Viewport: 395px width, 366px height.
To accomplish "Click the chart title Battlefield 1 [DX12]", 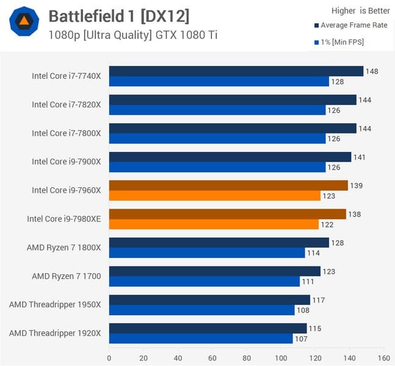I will point(119,16).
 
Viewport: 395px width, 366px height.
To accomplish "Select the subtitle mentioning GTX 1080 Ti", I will point(132,35).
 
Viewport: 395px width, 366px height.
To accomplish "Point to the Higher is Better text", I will point(360,10).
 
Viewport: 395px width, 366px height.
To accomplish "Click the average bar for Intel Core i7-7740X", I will point(236,71).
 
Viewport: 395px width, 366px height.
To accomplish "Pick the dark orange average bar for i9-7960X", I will point(228,185).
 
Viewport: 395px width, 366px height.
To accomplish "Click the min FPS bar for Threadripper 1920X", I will point(201,339).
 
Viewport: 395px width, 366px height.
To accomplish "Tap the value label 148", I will point(372,71).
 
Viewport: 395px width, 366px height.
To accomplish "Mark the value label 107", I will point(301,339).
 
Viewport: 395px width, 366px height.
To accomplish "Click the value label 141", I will point(360,157).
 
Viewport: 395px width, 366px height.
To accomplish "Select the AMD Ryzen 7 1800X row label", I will point(63,248).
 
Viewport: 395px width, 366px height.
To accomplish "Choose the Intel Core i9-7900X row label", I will point(66,162).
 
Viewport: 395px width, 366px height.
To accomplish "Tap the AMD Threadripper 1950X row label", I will point(55,304).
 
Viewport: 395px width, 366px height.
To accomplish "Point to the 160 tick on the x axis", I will point(384,357).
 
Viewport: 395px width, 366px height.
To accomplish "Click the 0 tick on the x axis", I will point(109,357).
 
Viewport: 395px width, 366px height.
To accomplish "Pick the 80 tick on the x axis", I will point(246,357).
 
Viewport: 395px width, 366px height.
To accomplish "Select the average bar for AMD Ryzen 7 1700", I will point(215,271).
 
